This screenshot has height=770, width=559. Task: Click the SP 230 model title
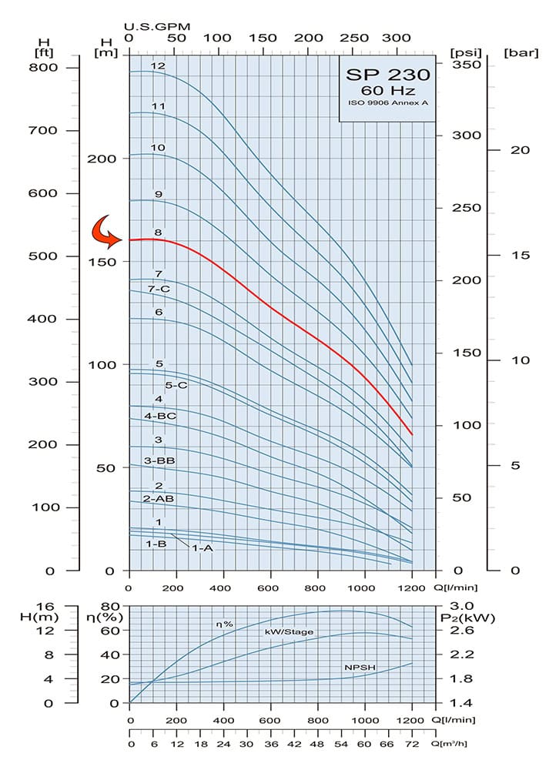[x=387, y=76]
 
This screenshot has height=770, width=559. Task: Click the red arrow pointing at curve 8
[x=106, y=232]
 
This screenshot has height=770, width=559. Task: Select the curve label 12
[x=158, y=66]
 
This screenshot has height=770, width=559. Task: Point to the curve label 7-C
[x=159, y=289]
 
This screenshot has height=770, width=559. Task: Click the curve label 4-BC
[x=160, y=416]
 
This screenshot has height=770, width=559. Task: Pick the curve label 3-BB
[x=160, y=460]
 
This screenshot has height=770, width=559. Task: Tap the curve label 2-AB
[x=159, y=499]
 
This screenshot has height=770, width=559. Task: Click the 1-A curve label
[x=202, y=547]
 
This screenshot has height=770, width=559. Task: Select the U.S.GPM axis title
[x=157, y=26]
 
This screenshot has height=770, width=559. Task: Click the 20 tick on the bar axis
[x=521, y=150]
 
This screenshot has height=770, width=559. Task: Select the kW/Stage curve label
[x=290, y=631]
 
